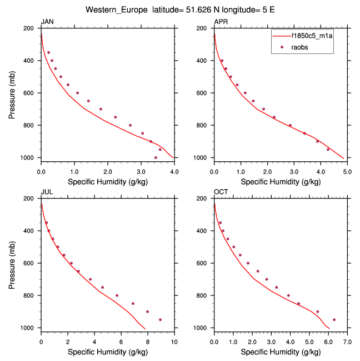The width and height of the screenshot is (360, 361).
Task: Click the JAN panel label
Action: pos(47,22)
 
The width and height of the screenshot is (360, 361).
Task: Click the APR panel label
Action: pos(221,22)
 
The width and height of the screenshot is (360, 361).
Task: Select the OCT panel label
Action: pos(221,192)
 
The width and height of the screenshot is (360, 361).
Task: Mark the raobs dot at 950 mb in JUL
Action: pos(161,320)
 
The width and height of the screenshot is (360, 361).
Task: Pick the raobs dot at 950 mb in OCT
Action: pos(334,320)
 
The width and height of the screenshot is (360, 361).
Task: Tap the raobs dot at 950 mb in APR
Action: pos(328,149)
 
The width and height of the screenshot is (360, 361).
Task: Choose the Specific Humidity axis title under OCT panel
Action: pos(281,352)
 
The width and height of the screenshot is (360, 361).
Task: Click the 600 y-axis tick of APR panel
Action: pos(203,93)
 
